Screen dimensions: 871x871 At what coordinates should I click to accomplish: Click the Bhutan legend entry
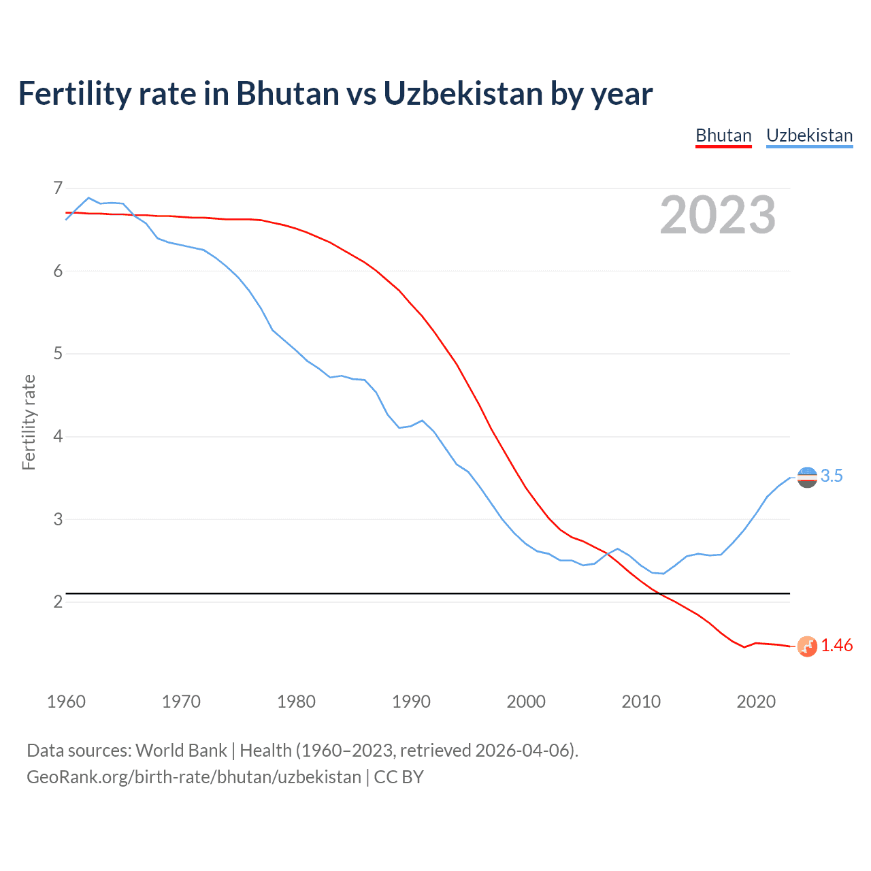723,135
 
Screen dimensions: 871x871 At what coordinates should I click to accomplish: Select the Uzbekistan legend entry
809,135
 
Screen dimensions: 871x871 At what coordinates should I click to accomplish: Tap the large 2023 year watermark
717,215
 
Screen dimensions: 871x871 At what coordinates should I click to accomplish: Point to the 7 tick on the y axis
58,188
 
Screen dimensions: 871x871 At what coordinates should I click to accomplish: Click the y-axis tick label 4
58,436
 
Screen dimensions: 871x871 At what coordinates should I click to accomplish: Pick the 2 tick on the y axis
58,602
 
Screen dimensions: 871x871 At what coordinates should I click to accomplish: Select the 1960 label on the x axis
66,702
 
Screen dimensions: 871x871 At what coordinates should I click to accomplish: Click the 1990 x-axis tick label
411,702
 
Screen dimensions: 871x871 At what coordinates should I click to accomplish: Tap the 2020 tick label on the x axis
756,702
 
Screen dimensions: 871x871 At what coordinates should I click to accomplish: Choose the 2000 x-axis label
526,702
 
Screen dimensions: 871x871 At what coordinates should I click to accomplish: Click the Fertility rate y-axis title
29,422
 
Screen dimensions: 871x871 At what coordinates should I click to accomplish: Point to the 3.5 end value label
832,476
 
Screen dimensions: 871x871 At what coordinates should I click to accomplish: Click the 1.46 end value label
836,646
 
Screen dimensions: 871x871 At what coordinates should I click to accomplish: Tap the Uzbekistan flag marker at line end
807,478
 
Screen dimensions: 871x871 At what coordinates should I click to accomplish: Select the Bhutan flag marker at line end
807,646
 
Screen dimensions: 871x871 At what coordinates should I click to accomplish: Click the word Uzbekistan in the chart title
463,94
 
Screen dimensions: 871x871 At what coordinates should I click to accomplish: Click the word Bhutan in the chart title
288,94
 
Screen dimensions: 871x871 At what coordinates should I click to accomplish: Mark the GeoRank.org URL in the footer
194,777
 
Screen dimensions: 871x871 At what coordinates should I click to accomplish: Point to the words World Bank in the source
181,751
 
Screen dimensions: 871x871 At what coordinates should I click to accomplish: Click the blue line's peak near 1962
88,198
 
